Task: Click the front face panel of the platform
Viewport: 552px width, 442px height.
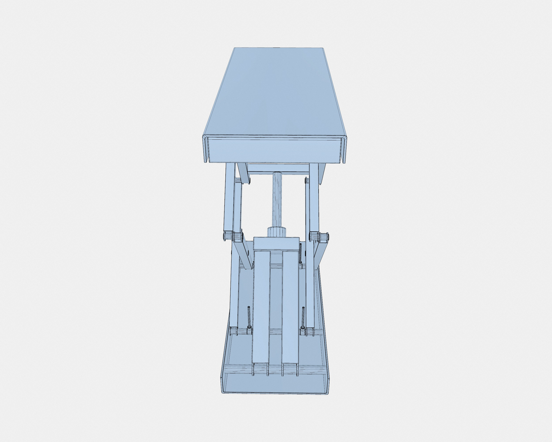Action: pyautogui.click(x=274, y=150)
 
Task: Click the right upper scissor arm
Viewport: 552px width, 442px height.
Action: pyautogui.click(x=314, y=196)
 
